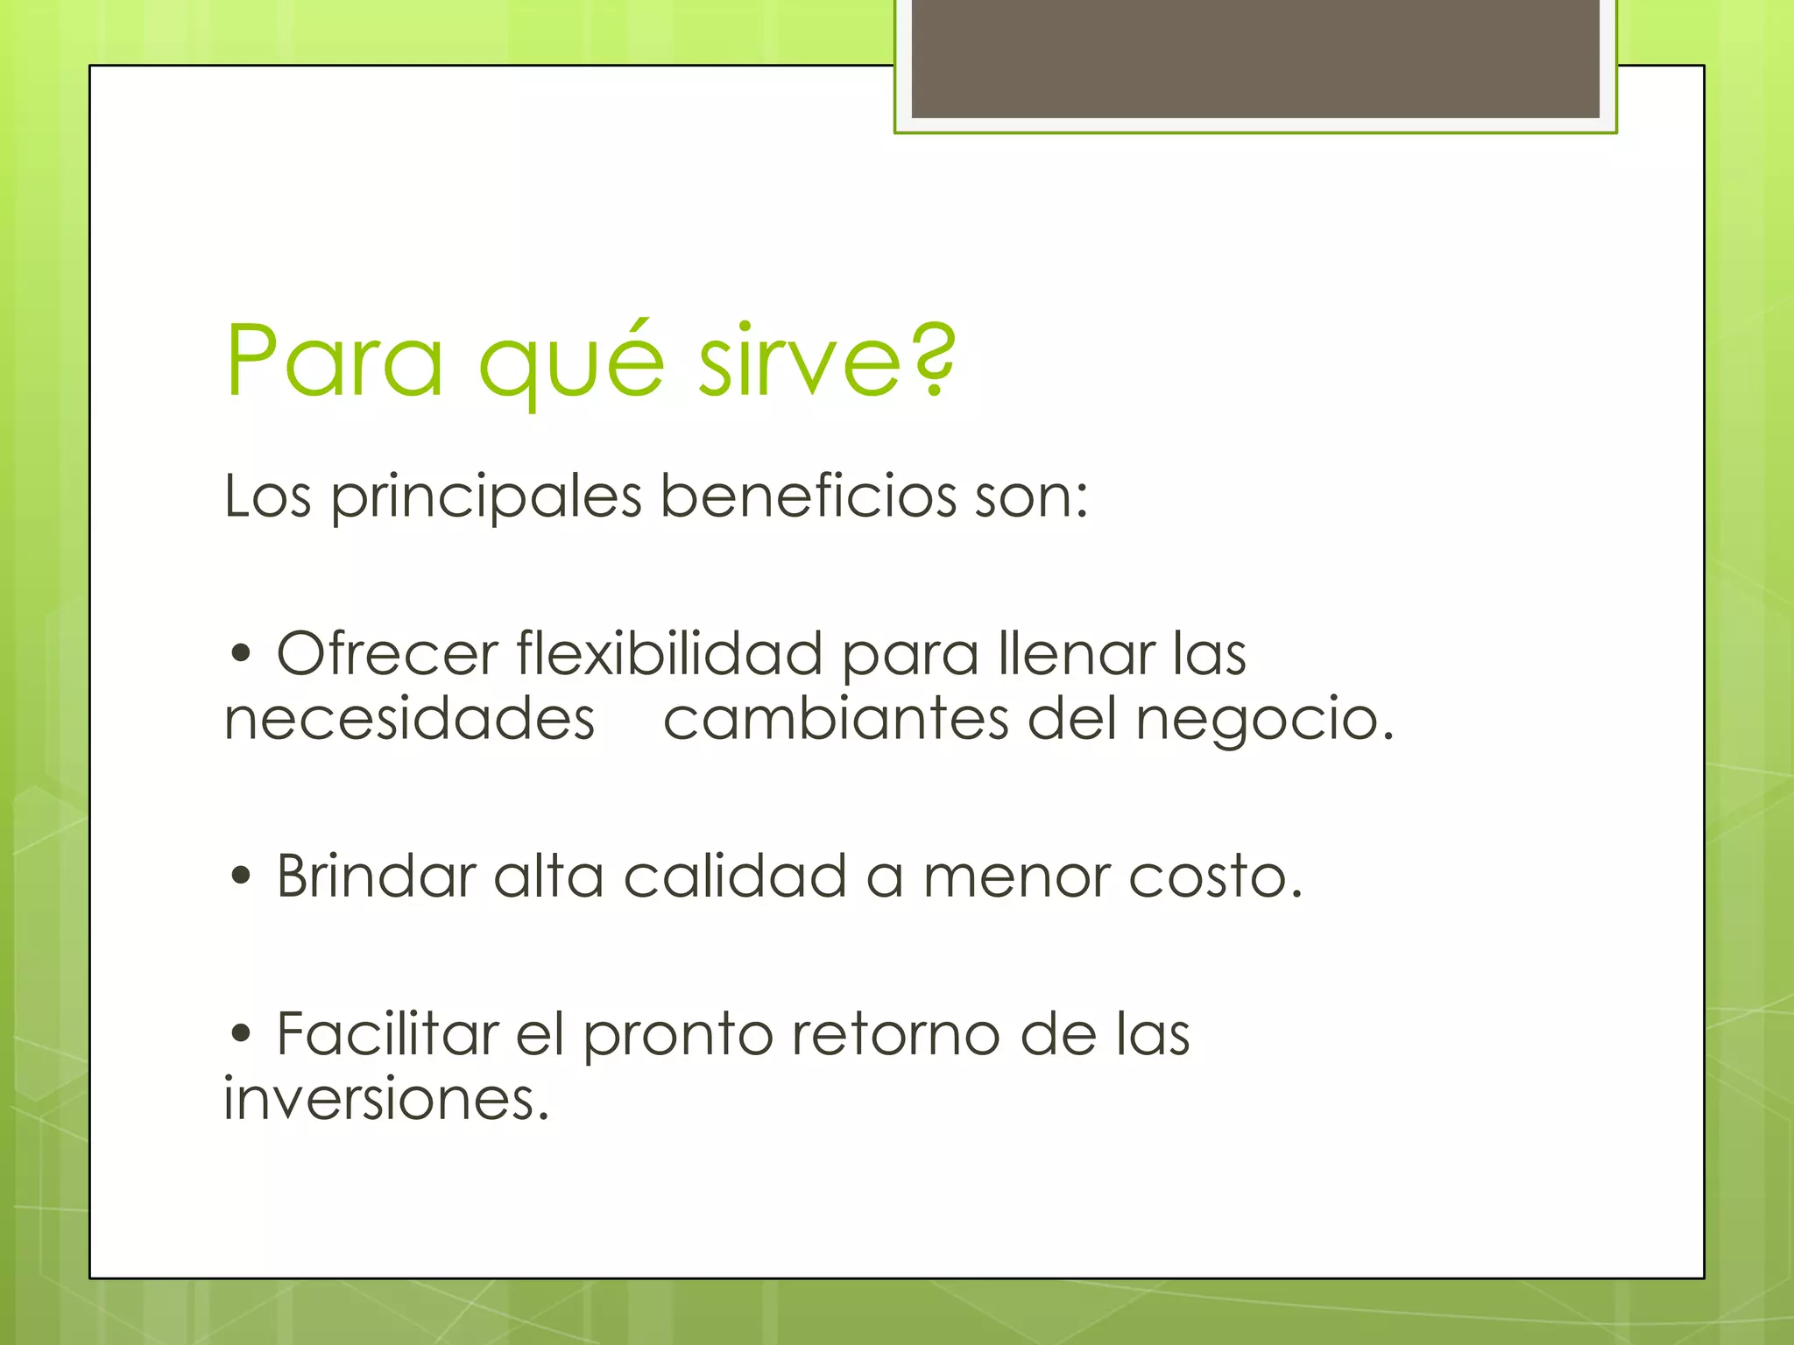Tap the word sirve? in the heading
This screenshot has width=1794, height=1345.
(827, 361)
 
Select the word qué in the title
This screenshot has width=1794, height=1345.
(571, 363)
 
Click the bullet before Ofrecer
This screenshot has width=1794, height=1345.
(241, 653)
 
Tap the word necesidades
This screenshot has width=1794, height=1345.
(409, 720)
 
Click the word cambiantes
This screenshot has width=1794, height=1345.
(836, 720)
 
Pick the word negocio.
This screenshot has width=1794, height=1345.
(1264, 722)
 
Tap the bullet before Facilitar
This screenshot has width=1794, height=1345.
(241, 1033)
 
